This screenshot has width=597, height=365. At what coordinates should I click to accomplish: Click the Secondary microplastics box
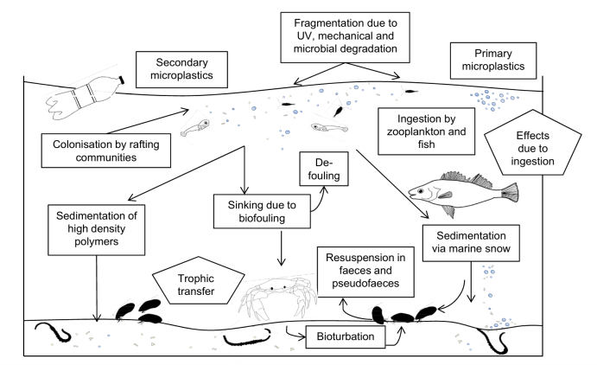[x=181, y=69]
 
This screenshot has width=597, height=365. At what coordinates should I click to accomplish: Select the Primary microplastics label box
[x=493, y=61]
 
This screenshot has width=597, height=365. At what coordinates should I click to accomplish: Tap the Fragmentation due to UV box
[x=345, y=37]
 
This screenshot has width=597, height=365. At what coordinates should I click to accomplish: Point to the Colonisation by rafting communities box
[x=106, y=150]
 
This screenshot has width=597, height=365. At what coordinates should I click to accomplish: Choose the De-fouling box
[x=324, y=169]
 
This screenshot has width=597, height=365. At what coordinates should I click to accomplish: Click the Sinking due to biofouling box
[x=262, y=211]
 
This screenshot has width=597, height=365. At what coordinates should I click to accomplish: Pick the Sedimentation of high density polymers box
[x=96, y=230]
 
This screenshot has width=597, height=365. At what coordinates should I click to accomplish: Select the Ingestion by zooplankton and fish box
[x=427, y=131]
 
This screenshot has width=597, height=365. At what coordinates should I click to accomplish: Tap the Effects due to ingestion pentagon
[x=533, y=144]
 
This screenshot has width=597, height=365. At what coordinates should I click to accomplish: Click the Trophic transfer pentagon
[x=198, y=282]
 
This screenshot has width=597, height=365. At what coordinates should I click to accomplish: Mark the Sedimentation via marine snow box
[x=471, y=243]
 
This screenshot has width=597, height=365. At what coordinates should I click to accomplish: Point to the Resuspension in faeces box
[x=365, y=272]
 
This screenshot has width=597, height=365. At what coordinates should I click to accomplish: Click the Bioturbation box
[x=346, y=336]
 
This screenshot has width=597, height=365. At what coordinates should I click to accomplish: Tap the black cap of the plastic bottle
[x=122, y=80]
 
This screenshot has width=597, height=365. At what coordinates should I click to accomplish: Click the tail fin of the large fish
[x=510, y=192]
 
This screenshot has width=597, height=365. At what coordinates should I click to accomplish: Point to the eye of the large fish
[x=421, y=191]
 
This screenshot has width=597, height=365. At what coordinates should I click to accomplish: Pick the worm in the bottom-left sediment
[x=54, y=332]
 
